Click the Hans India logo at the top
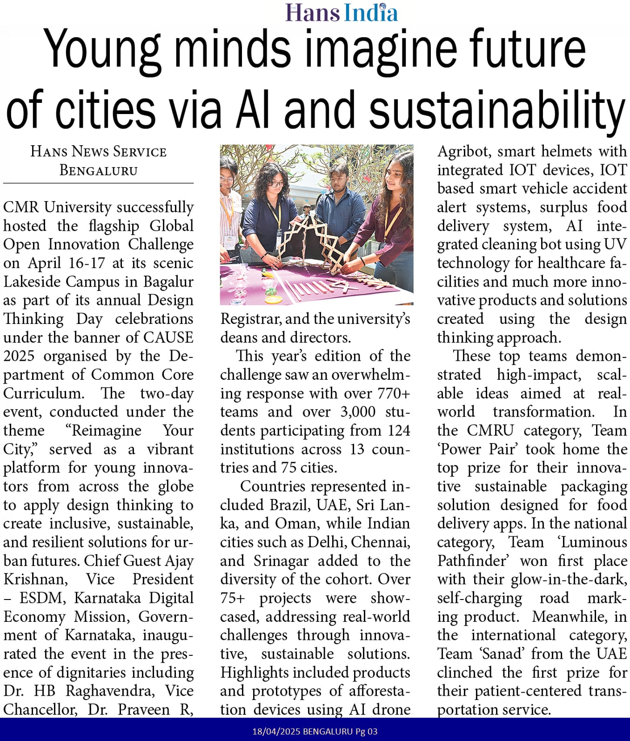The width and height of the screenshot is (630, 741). [342, 13]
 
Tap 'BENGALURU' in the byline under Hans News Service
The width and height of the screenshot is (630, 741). [99, 170]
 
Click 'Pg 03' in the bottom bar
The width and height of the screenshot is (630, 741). [367, 731]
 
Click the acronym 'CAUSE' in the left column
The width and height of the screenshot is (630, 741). [168, 337]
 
